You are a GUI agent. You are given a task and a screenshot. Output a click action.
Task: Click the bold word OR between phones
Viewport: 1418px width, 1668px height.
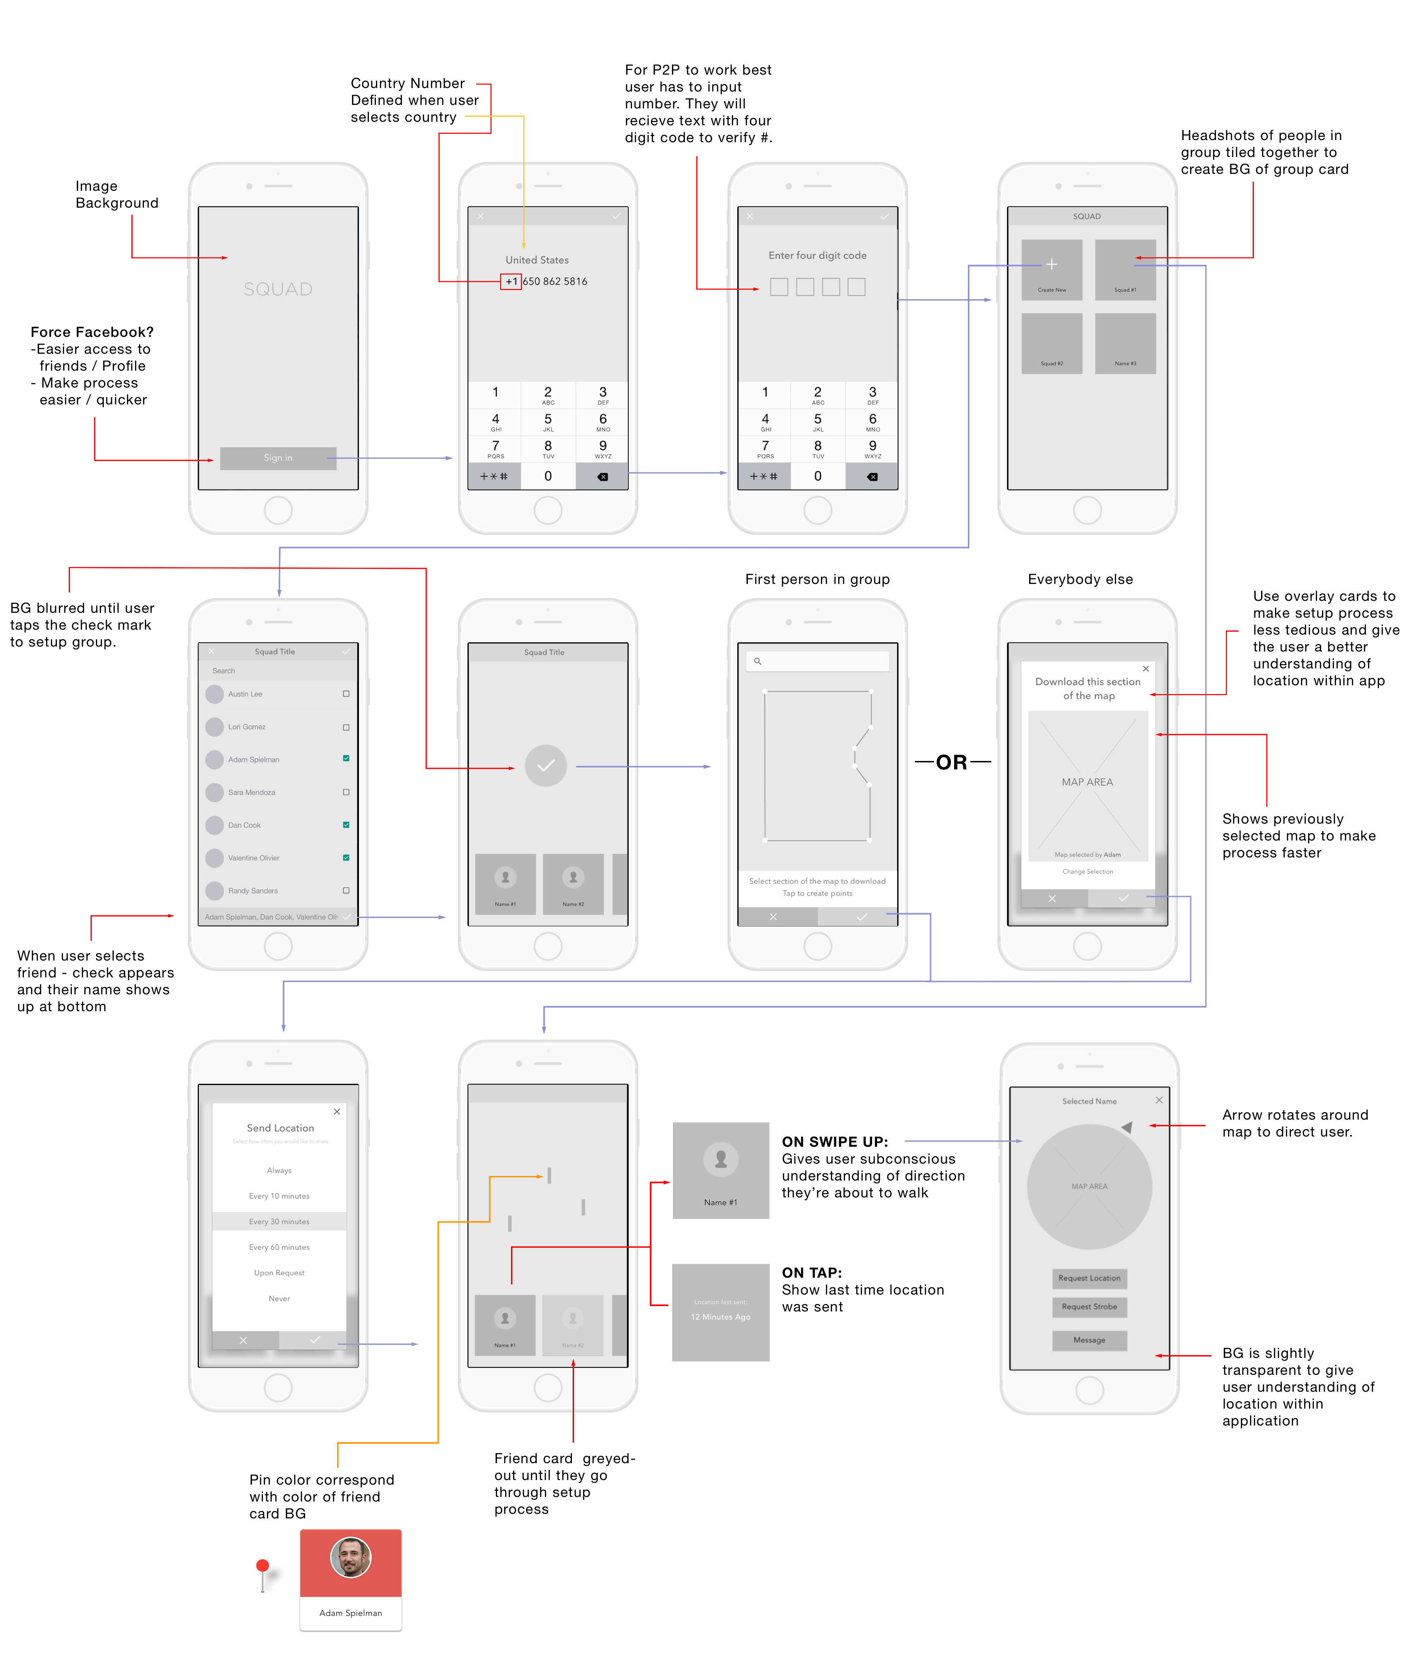point(952,762)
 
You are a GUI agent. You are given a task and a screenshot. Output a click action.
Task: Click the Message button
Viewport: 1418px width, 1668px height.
point(1089,1340)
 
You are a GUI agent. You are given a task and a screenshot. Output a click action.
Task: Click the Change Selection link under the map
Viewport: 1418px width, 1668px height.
point(1088,871)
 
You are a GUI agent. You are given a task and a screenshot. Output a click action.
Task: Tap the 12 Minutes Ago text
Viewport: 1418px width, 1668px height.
point(720,1317)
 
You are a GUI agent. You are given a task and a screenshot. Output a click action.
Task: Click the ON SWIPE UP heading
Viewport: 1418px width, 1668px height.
point(834,1141)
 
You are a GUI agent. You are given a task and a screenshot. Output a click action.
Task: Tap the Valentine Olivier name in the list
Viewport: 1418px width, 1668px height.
point(253,858)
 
